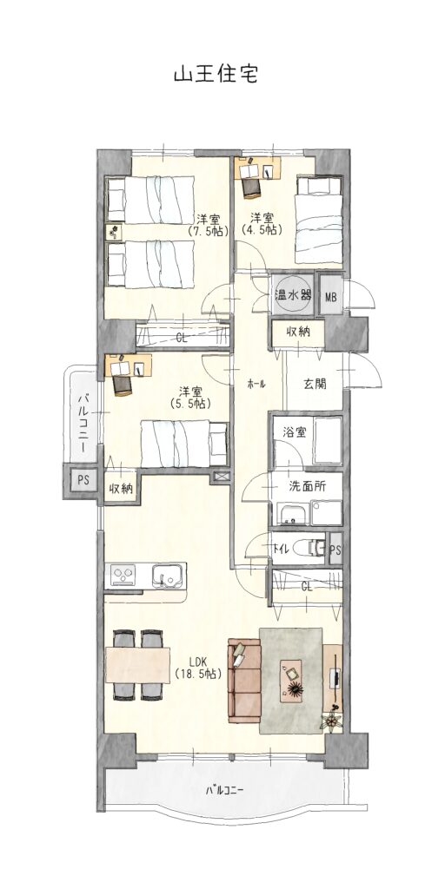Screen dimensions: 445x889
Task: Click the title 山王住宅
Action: point(216,75)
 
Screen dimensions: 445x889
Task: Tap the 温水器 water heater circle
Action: point(293,295)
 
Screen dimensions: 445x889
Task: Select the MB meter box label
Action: point(330,295)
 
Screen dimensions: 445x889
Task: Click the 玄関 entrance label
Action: point(313,384)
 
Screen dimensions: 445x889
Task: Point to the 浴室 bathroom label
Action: point(295,432)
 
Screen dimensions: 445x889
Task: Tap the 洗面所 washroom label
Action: point(307,485)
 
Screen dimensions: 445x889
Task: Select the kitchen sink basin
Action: point(168,576)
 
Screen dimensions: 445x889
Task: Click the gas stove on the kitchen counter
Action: point(123,576)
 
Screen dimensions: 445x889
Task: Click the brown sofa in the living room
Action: point(244,681)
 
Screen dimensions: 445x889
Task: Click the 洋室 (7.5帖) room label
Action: point(208,225)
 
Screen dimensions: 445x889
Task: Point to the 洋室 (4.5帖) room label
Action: point(262,224)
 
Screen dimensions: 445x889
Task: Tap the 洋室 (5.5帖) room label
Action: point(190,398)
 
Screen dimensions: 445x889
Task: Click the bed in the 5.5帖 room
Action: point(184,444)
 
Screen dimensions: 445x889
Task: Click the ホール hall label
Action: point(256,385)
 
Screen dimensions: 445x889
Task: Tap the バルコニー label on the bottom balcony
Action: point(225,789)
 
